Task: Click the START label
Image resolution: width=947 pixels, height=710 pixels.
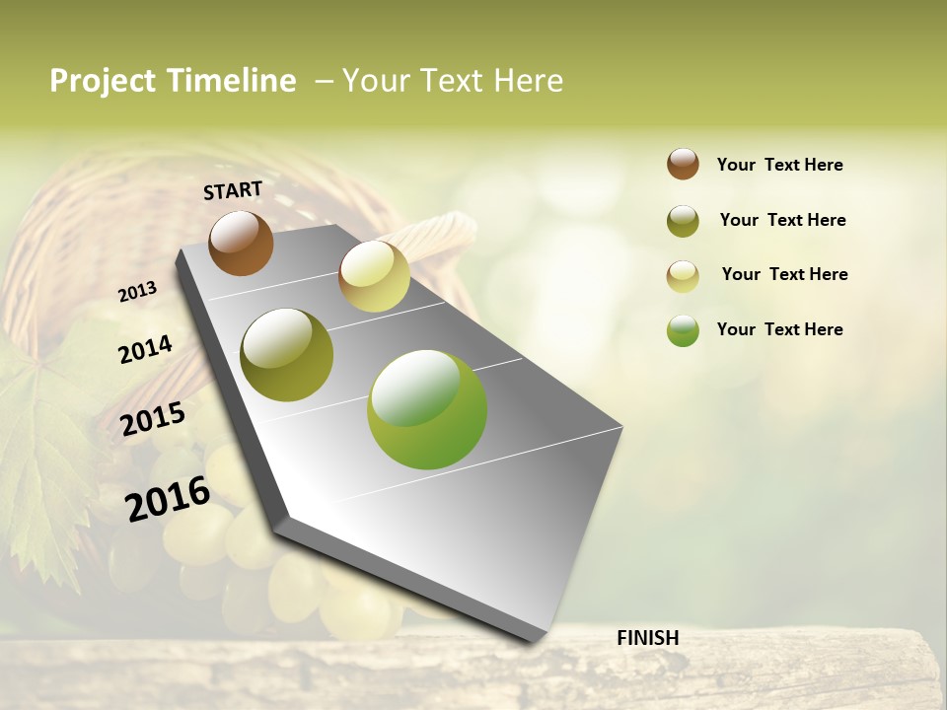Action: [x=233, y=190]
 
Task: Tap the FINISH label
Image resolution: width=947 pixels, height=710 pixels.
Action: [x=647, y=638]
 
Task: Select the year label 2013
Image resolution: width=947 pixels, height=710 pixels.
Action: [x=137, y=292]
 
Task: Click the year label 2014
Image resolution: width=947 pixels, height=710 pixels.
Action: [x=145, y=350]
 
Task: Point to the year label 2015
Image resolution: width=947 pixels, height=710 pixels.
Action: [x=153, y=419]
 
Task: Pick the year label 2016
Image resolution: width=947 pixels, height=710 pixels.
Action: [x=168, y=499]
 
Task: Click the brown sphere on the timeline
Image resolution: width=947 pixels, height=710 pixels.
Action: [x=241, y=243]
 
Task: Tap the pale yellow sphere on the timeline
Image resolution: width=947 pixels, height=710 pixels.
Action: [x=374, y=276]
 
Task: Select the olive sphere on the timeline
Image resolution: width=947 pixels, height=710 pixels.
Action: [x=287, y=355]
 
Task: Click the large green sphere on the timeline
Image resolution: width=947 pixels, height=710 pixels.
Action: [x=427, y=409]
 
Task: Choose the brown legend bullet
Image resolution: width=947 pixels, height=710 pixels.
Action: [x=683, y=164]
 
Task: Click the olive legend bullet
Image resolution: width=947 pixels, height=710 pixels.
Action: [x=683, y=221]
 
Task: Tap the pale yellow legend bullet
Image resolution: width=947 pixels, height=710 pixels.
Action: [x=683, y=276]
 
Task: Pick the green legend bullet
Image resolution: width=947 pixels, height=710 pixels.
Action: [x=683, y=330]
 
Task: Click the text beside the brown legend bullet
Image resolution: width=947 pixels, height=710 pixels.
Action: [x=779, y=166]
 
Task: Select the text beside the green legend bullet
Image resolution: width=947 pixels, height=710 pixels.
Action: [x=779, y=329]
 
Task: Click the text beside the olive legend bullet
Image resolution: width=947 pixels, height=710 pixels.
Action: [x=782, y=220]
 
